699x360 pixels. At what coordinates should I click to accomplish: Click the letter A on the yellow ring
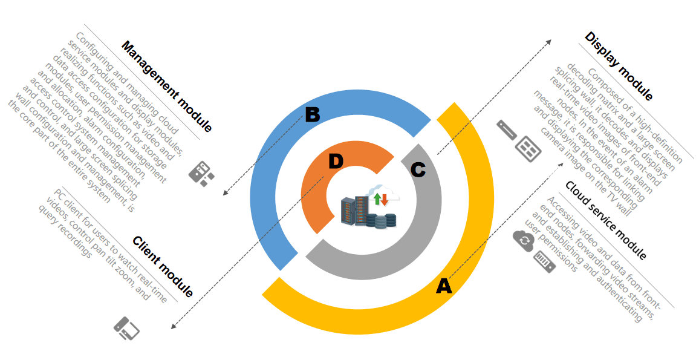click(x=444, y=286)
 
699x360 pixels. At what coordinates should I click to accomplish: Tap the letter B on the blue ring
click(x=312, y=114)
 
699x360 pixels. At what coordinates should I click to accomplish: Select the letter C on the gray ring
click(x=418, y=170)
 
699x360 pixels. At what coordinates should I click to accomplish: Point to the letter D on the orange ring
click(x=336, y=161)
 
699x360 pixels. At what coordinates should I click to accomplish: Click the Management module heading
click(x=167, y=87)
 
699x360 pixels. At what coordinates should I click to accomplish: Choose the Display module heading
click(x=619, y=66)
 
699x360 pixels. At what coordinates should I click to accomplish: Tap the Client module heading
click(x=163, y=267)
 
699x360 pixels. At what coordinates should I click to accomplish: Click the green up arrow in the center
click(x=377, y=199)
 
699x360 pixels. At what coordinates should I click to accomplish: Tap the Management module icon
click(x=201, y=173)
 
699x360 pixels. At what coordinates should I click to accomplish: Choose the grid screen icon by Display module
click(x=527, y=148)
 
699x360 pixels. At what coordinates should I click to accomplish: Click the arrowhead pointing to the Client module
click(x=173, y=327)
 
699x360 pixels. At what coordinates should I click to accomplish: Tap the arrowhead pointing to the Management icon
click(x=225, y=193)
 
